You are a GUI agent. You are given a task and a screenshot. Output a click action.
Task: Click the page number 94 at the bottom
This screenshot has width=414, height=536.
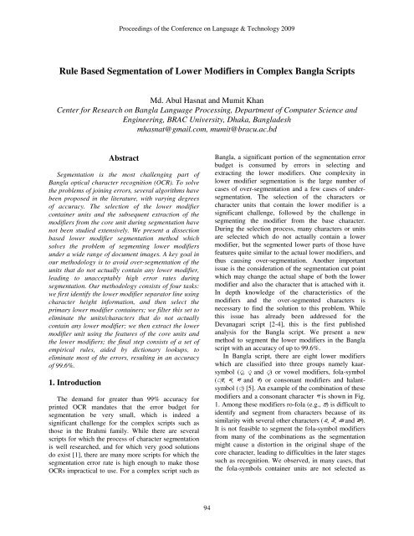207,507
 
